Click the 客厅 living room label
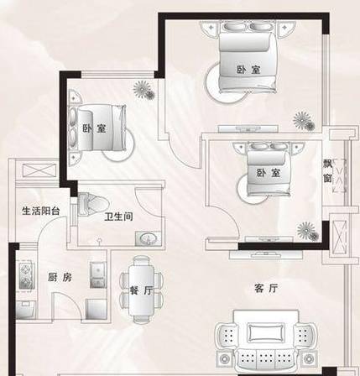(x=266, y=288)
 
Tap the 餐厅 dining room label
(x=141, y=290)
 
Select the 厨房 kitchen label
(x=60, y=277)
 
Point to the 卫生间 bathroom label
(x=118, y=217)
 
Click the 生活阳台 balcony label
(x=41, y=211)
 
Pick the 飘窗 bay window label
(x=327, y=170)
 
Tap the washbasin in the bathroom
(x=148, y=238)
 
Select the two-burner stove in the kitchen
(x=27, y=275)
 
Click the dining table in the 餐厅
(x=141, y=290)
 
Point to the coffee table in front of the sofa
(x=265, y=332)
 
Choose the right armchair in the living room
(x=305, y=335)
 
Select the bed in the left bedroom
(x=97, y=128)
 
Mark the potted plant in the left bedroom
(x=143, y=90)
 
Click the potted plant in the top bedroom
(x=304, y=121)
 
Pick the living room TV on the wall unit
(x=266, y=254)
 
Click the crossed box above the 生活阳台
(x=39, y=170)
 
